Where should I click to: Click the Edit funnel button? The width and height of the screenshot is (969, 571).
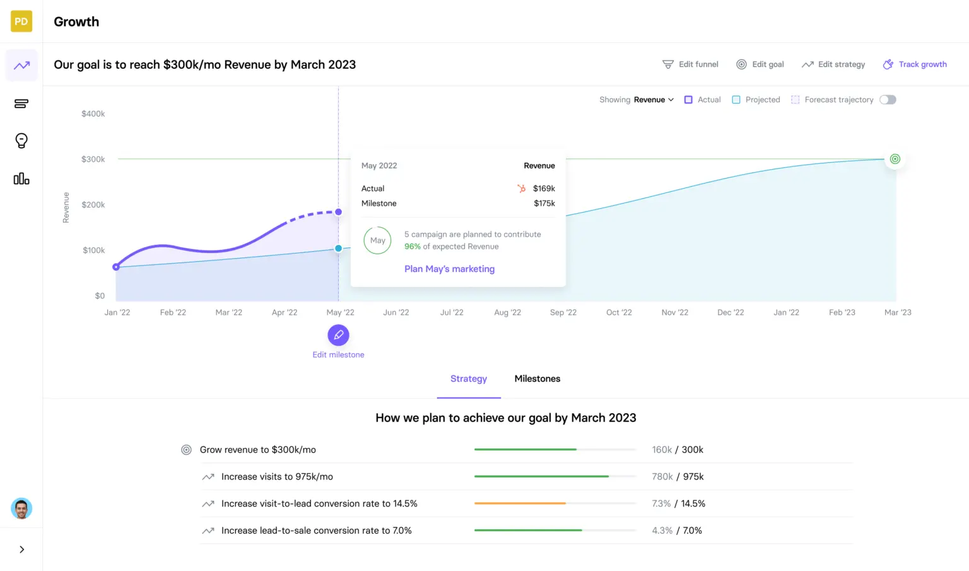(690, 64)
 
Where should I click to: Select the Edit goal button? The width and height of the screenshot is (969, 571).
(760, 64)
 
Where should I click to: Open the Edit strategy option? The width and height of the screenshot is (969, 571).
(833, 64)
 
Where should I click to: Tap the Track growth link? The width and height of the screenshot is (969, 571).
(915, 64)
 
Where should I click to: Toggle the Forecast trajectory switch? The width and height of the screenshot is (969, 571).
(888, 100)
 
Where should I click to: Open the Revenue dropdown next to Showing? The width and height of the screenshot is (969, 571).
(654, 100)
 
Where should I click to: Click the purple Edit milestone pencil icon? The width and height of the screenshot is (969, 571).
(338, 335)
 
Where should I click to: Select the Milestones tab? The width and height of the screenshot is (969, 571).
(537, 379)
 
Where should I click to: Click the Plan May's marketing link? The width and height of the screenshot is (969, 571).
(449, 269)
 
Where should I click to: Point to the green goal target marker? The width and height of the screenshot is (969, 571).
(895, 159)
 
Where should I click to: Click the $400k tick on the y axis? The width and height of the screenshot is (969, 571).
(93, 114)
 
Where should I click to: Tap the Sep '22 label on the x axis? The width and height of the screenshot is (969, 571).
(563, 312)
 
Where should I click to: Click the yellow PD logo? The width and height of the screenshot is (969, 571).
(21, 21)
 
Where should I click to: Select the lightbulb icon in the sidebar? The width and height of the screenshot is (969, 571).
(21, 141)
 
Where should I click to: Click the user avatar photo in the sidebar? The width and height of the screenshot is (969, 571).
(21, 509)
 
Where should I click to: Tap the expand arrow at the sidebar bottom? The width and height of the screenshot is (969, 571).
(21, 550)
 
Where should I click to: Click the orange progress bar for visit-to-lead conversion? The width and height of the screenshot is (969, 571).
(520, 503)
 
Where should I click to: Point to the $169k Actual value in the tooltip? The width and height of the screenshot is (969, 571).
(544, 189)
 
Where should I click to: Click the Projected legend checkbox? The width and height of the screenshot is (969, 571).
(736, 100)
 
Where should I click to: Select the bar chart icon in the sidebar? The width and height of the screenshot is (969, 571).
(21, 179)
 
